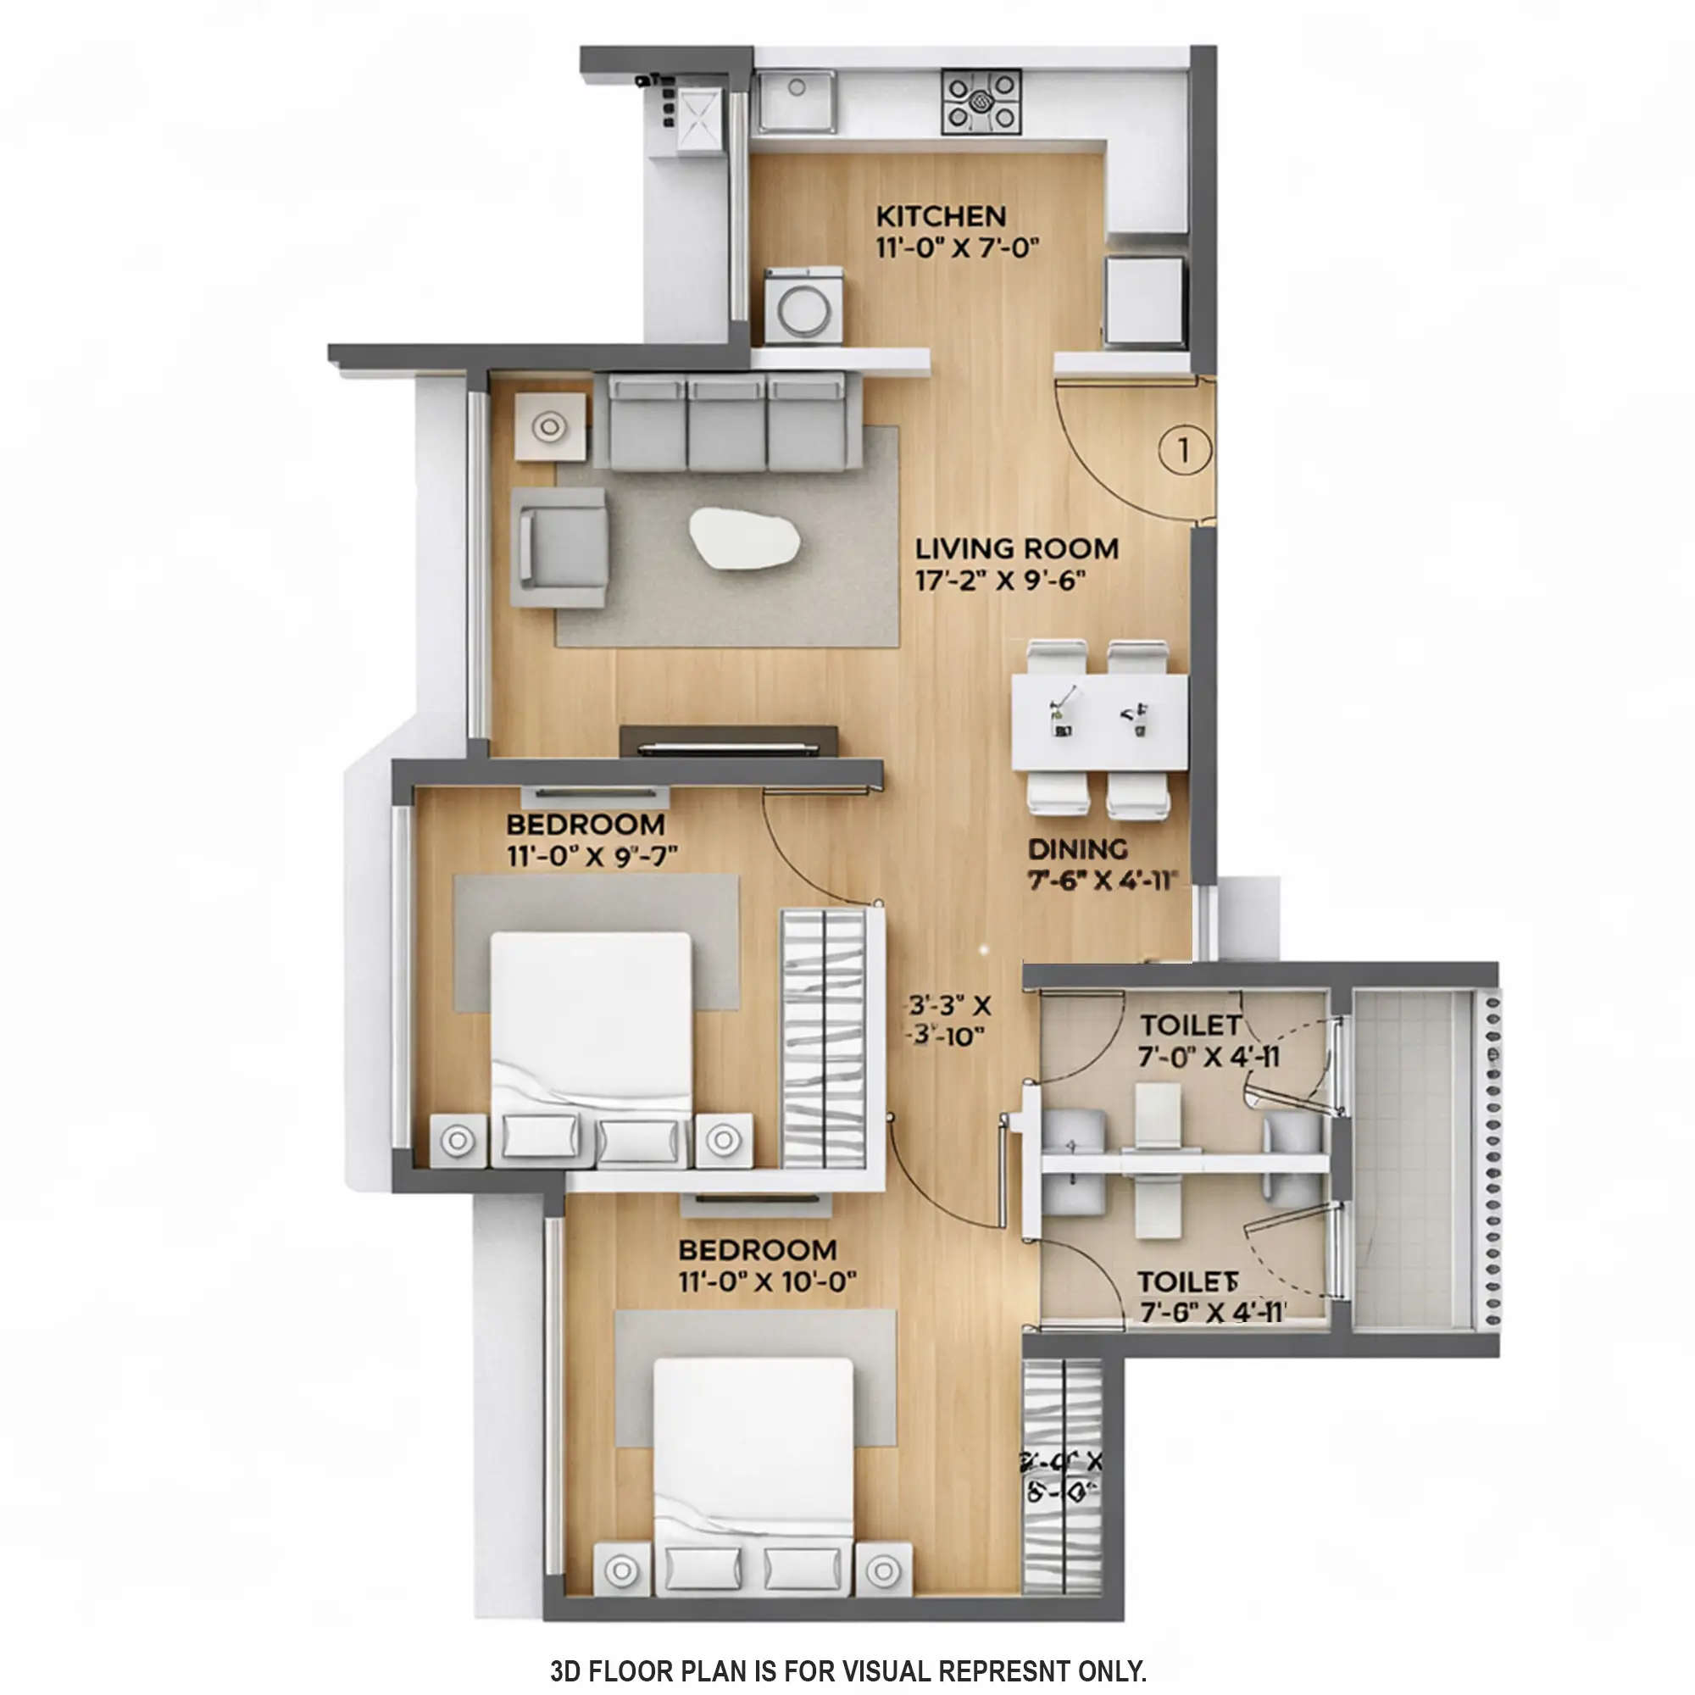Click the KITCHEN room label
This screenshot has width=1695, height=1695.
(x=941, y=216)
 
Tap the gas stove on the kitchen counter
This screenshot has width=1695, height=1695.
(x=981, y=103)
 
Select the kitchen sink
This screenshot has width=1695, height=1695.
(x=797, y=103)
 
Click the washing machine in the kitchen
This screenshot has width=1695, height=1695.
(x=803, y=307)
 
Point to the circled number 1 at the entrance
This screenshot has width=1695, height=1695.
(x=1183, y=450)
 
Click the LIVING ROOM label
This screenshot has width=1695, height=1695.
(x=1017, y=549)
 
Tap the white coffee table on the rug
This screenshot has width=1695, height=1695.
(x=744, y=539)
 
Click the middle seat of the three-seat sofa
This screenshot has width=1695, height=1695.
(x=726, y=423)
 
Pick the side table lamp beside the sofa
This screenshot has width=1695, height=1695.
(x=550, y=427)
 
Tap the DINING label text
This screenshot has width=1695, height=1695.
(x=1078, y=849)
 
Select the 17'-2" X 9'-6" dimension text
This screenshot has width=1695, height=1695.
(x=1001, y=581)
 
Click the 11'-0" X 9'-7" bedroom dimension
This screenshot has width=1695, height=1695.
(x=592, y=855)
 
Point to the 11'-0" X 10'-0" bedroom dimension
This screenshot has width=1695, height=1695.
(x=767, y=1281)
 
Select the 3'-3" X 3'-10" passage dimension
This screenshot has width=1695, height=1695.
(x=948, y=1020)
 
